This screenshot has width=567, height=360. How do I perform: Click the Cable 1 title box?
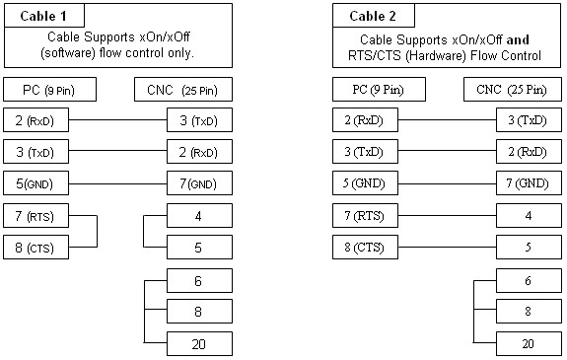click(x=44, y=16)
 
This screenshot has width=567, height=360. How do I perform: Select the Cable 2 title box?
click(x=374, y=16)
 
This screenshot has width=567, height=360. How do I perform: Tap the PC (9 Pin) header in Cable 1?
click(x=50, y=90)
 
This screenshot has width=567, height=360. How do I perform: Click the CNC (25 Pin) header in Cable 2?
click(x=513, y=90)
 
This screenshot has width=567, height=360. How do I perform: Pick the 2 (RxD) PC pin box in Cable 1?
click(x=35, y=120)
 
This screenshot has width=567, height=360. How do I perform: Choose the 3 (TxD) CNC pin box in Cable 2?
click(x=529, y=120)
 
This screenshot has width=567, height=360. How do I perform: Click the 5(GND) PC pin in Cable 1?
click(x=35, y=183)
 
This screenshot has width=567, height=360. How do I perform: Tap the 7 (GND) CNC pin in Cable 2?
click(x=529, y=183)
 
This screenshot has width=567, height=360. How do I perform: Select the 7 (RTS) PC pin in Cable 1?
click(x=35, y=216)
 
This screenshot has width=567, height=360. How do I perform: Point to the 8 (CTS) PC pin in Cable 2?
click(x=365, y=248)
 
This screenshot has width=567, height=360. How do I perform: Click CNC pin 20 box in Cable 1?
click(x=199, y=343)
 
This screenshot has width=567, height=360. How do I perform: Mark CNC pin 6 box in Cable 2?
click(x=529, y=280)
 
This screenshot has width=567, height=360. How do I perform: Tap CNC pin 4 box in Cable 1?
click(x=199, y=216)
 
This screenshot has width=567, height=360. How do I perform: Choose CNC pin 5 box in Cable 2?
click(x=529, y=248)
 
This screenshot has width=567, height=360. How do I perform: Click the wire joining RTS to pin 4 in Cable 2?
click(x=448, y=216)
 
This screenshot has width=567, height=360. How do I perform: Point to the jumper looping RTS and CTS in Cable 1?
click(x=97, y=232)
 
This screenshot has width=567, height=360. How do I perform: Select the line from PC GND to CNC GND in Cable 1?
click(x=118, y=183)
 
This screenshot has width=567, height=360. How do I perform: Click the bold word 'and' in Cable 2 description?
click(x=518, y=39)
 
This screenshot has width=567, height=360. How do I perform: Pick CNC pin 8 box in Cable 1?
click(x=199, y=311)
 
